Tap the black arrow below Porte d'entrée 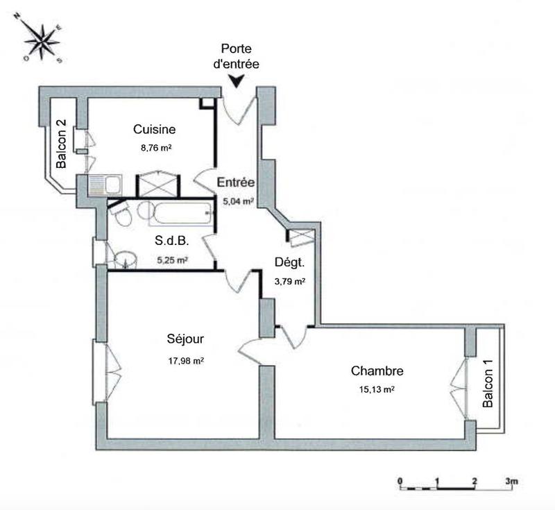pos(237,80)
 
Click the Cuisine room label pos(154,130)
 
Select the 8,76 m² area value pos(155,147)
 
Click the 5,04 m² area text pos(237,201)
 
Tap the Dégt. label pos(289,263)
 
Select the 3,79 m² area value pos(290,281)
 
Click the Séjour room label pos(185,339)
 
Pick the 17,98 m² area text pos(185,360)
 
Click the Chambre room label pos(377,371)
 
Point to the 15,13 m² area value pos(377,390)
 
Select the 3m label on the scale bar pos(511,480)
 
